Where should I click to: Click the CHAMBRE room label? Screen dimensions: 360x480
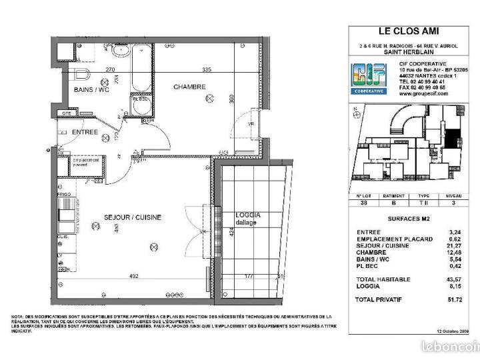[190, 87]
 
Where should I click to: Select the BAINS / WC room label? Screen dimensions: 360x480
[91, 89]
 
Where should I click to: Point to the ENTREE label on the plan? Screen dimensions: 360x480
[85, 132]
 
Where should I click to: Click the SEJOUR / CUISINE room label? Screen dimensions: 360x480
[132, 217]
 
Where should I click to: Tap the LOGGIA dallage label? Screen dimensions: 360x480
[248, 219]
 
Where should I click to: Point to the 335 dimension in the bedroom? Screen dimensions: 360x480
[207, 69]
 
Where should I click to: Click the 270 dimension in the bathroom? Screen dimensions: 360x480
[92, 69]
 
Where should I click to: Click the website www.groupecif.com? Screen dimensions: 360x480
[423, 94]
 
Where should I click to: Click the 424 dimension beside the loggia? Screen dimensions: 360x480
[230, 233]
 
